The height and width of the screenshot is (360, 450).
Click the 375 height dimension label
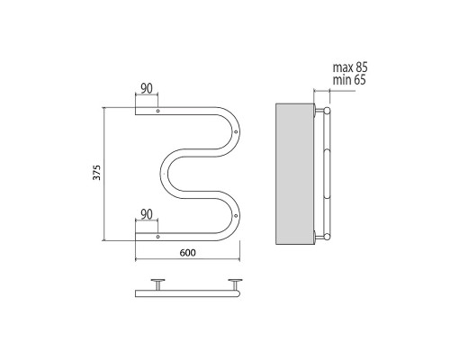tap(96, 173)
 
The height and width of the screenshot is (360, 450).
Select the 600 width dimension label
tap(188, 253)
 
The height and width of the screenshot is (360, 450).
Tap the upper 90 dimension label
tap(147, 88)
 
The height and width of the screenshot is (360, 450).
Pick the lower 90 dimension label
tap(147, 214)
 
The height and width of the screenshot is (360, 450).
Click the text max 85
tap(350, 67)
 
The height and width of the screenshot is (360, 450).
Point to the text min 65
tap(349, 80)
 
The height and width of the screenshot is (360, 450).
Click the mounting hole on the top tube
tap(158, 111)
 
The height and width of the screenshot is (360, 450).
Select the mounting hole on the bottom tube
tap(158, 237)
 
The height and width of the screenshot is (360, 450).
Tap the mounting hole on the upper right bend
tap(236, 131)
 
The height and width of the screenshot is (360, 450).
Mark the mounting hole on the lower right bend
tap(236, 216)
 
